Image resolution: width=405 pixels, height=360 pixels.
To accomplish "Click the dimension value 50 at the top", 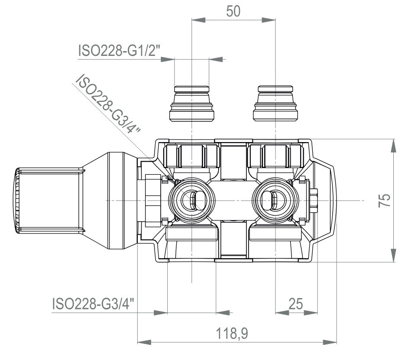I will pos(233,11).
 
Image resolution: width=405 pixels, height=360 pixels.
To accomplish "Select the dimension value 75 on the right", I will pos(385,200).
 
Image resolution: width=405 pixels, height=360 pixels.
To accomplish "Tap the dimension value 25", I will pos(296,303).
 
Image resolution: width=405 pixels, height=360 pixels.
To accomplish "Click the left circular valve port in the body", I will pos(191,200).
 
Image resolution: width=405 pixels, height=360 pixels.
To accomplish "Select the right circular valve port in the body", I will pos(275,200).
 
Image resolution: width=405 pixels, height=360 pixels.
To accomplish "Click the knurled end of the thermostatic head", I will pos(16,200).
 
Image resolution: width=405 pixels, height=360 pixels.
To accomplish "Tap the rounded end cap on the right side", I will pos(326,200).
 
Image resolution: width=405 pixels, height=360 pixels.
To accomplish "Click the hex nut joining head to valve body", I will pos(152,200).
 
